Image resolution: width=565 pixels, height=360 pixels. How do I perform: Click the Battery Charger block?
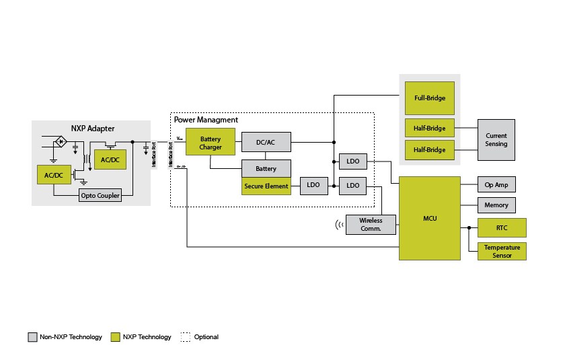click(211, 143)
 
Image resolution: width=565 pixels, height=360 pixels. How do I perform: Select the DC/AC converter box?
click(266, 142)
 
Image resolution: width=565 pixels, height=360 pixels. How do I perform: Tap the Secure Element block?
click(266, 186)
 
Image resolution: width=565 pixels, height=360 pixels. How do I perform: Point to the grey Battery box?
click(266, 168)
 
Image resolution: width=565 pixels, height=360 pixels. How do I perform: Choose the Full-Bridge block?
click(429, 98)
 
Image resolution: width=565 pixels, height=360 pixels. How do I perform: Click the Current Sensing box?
click(496, 139)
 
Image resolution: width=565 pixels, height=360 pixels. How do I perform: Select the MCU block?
click(429, 218)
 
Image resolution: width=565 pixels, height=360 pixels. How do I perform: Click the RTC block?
click(502, 227)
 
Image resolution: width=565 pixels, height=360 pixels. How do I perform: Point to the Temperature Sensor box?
click(502, 251)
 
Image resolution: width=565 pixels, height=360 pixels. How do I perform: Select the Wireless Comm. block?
click(370, 225)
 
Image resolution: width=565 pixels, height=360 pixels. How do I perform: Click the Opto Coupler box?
click(101, 196)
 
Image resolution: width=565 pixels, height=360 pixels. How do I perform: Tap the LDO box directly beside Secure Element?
click(313, 186)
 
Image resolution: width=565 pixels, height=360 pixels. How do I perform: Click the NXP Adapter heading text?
click(93, 129)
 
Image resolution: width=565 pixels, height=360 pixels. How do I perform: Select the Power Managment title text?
click(206, 120)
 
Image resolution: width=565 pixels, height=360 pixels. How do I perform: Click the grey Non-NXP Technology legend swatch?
click(32, 337)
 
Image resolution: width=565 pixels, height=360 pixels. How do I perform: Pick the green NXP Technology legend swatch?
click(116, 337)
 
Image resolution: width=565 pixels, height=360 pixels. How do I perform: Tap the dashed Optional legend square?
click(186, 337)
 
